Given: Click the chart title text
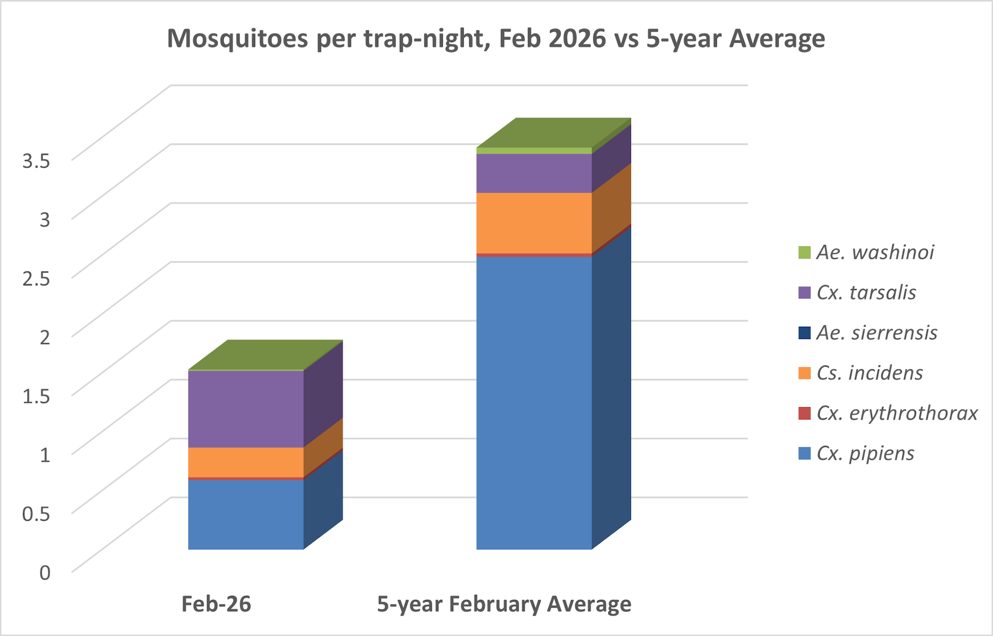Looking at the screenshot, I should coord(496,39).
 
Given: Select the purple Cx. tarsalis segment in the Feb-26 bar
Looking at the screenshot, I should coord(246,409).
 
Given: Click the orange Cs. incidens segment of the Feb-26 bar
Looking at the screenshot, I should coord(246,462).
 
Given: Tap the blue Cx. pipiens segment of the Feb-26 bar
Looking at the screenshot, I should coord(246,514).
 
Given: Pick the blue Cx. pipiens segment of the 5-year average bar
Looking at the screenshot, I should coord(534,402).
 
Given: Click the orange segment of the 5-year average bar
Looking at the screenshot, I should coord(534,223).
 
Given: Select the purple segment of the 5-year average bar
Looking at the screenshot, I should coord(534,173).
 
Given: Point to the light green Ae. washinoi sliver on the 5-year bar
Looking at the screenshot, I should coord(534,150).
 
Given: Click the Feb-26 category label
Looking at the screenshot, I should coord(216,604).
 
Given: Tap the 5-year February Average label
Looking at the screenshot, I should coord(504,604).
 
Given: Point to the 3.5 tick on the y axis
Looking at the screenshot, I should coord(36,161).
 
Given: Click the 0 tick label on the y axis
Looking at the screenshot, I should coord(45,572).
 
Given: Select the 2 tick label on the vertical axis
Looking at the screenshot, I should coord(45,337).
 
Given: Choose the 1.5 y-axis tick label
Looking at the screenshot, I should coord(36,396).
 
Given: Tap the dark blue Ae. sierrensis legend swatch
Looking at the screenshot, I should coord(804,333).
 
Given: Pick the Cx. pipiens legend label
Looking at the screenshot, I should coord(865,453).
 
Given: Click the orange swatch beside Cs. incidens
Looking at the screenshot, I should coord(804,373).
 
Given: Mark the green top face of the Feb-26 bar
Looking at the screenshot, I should coord(266,354).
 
